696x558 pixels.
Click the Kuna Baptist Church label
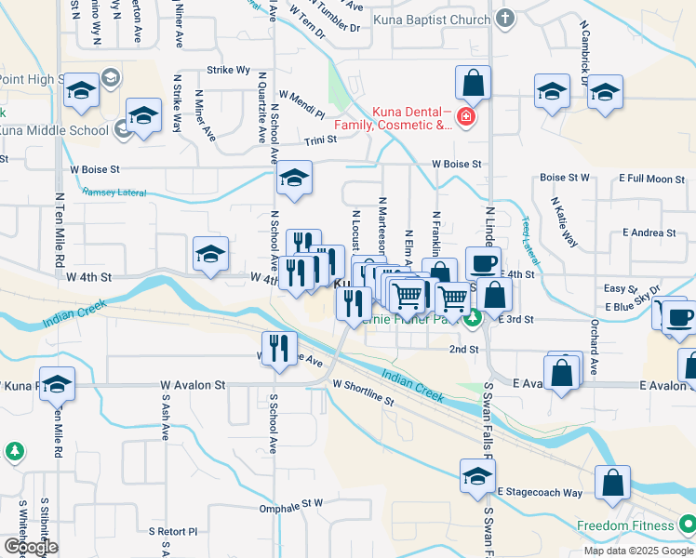(431, 19)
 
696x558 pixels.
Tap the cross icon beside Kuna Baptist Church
(505, 18)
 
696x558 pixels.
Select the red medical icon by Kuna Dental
(463, 118)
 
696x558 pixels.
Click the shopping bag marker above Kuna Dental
(474, 84)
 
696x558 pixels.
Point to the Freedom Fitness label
(625, 525)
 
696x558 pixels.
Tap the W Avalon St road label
(193, 384)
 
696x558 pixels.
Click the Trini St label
(319, 140)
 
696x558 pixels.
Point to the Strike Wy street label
(228, 70)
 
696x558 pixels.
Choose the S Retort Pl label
(173, 531)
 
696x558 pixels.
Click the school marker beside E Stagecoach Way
(477, 476)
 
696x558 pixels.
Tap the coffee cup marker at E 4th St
(482, 263)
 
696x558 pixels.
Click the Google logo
(31, 547)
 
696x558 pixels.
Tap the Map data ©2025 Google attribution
(637, 551)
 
